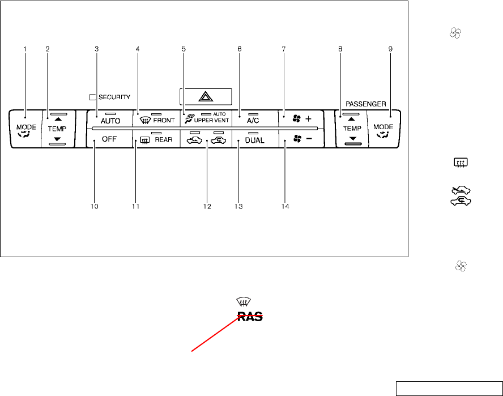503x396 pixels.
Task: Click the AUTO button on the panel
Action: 110,120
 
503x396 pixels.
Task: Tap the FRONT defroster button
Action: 156,120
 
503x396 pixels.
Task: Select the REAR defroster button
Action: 156,139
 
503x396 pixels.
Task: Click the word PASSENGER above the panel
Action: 366,104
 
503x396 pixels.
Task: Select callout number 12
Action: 207,206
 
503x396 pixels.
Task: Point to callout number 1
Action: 25,49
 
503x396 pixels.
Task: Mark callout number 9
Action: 390,49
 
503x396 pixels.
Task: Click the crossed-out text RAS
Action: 250,317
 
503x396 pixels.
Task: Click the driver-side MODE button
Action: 26,130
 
